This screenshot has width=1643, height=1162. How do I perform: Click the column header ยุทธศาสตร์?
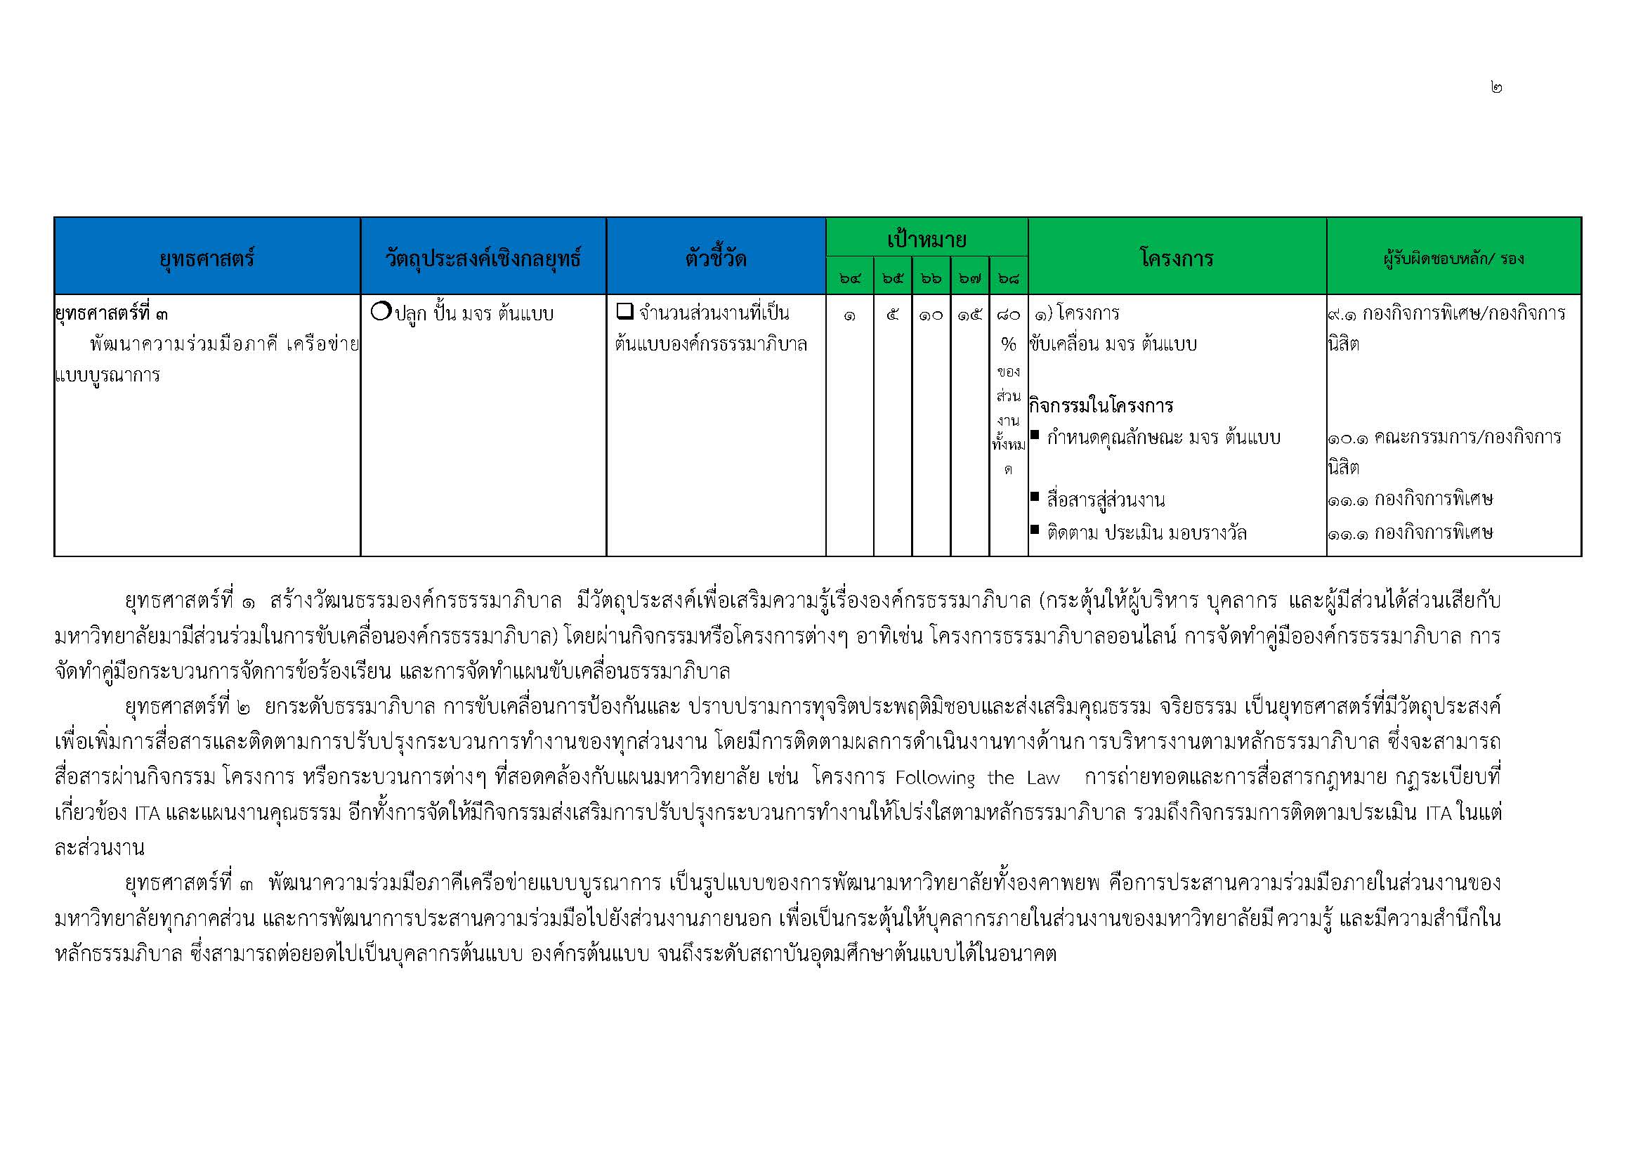pos(207,258)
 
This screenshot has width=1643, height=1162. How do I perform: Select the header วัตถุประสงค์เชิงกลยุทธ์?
pos(483,258)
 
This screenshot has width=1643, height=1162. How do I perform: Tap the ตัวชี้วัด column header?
pos(716,258)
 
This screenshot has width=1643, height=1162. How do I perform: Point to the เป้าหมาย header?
pos(927,239)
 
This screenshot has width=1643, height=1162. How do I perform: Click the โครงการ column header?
pos(1177,258)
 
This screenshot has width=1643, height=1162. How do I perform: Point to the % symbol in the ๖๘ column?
pos(1008,345)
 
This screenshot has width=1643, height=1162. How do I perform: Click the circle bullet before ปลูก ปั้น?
pos(381,311)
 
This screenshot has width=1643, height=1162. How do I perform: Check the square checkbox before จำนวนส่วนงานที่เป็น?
pos(624,311)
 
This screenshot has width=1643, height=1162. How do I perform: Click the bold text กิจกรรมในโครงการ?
pos(1101,406)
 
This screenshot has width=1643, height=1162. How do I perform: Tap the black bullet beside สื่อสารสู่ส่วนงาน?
pos(1035,496)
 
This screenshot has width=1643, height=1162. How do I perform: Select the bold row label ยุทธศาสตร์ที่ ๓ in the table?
pos(112,313)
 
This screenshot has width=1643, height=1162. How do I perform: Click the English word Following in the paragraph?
pos(934,778)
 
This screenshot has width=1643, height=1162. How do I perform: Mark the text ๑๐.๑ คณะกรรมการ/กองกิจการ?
pos(1444,438)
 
